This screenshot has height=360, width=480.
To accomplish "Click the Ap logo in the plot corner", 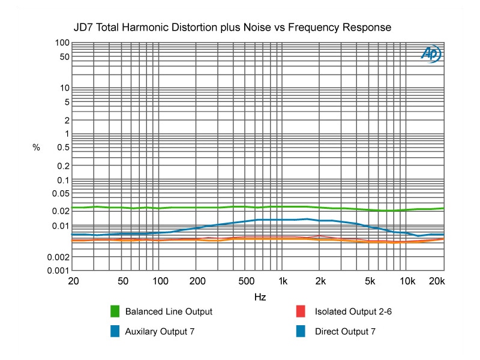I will point(431,55).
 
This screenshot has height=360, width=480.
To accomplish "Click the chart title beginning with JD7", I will point(232,28).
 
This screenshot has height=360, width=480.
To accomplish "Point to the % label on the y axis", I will point(36,147).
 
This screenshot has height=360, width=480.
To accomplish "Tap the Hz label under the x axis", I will point(260,297).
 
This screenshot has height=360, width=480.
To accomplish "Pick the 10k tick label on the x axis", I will point(407,281).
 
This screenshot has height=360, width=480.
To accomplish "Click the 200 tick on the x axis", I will point(197,281).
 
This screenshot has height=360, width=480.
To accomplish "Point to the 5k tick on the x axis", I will point(370,281).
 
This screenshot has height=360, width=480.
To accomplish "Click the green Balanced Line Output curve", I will point(180,208).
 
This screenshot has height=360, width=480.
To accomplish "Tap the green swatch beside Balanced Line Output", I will point(115,311).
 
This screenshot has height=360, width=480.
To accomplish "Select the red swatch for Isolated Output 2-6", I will point(304,311).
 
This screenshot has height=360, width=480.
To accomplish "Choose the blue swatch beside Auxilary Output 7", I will point(115,331).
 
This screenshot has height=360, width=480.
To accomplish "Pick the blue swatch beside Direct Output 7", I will point(304,331).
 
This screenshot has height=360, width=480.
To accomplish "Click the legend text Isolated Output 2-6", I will point(353,311).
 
